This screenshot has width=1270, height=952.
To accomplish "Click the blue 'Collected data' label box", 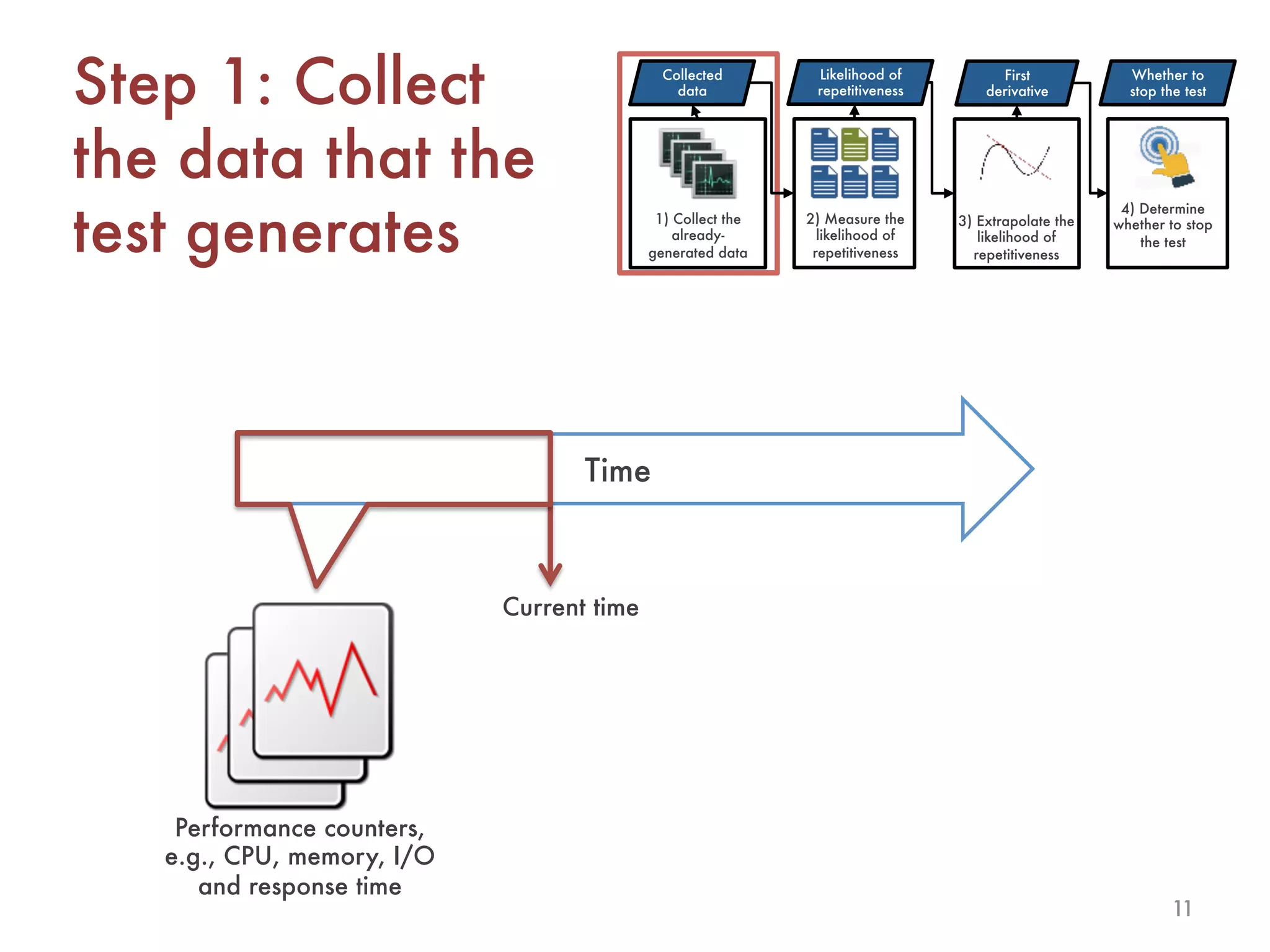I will coord(692,82).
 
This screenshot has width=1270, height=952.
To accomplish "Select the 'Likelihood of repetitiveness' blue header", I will coord(860,82).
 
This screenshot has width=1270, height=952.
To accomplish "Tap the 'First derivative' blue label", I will coord(1017,83).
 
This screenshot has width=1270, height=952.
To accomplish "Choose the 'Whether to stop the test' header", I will coord(1167,83).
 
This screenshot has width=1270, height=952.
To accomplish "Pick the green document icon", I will coord(855,144).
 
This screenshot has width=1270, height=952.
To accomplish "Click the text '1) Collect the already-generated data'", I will coord(698,236).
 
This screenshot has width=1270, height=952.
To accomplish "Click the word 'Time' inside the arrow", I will coord(617,470).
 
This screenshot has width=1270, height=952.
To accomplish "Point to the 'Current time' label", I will coord(571,607).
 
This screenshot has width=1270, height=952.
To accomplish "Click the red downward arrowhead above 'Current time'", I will coord(550,575).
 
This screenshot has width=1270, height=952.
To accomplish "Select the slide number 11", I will coord(1182,908).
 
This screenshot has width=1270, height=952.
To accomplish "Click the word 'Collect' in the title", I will coord(389,82).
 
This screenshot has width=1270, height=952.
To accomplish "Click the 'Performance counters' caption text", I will coord(300,828).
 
